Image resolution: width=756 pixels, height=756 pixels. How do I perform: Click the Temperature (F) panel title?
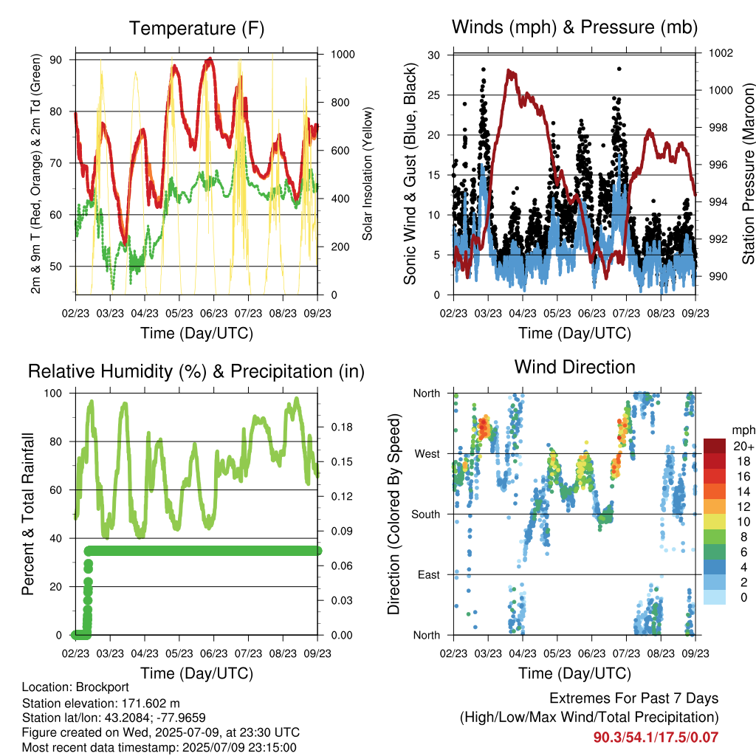pyautogui.click(x=196, y=29)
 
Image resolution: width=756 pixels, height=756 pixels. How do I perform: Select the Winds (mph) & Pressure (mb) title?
pyautogui.click(x=574, y=27)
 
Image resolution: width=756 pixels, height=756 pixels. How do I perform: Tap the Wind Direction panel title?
pyautogui.click(x=574, y=367)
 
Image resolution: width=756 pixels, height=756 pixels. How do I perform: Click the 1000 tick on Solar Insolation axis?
pyautogui.click(x=343, y=54)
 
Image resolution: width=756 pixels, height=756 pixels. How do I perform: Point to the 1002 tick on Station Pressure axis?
pyautogui.click(x=721, y=52)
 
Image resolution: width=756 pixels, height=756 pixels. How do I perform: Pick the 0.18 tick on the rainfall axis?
pyautogui.click(x=342, y=427)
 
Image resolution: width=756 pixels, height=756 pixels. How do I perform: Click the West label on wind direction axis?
pyautogui.click(x=427, y=454)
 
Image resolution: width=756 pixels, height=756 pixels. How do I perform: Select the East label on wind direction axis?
pyautogui.click(x=429, y=574)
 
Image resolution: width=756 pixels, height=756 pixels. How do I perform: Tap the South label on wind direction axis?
pyautogui.click(x=426, y=515)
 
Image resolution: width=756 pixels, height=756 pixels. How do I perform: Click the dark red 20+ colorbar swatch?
pyautogui.click(x=715, y=446)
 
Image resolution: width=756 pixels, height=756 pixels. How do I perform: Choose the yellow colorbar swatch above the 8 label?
pyautogui.click(x=715, y=522)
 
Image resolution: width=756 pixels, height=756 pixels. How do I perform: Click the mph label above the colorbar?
pyautogui.click(x=743, y=430)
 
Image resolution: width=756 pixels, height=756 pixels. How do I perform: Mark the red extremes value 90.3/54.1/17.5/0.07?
pyautogui.click(x=656, y=738)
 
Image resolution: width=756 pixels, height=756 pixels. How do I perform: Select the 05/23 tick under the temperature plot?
pyautogui.click(x=179, y=313)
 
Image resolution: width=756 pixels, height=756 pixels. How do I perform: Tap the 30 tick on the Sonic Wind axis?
pyautogui.click(x=434, y=55)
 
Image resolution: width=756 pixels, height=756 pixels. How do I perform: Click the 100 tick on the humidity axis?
pyautogui.click(x=53, y=394)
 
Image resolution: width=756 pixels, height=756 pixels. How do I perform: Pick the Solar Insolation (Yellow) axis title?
pyautogui.click(x=368, y=173)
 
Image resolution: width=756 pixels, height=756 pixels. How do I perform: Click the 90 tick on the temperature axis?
pyautogui.click(x=56, y=60)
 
